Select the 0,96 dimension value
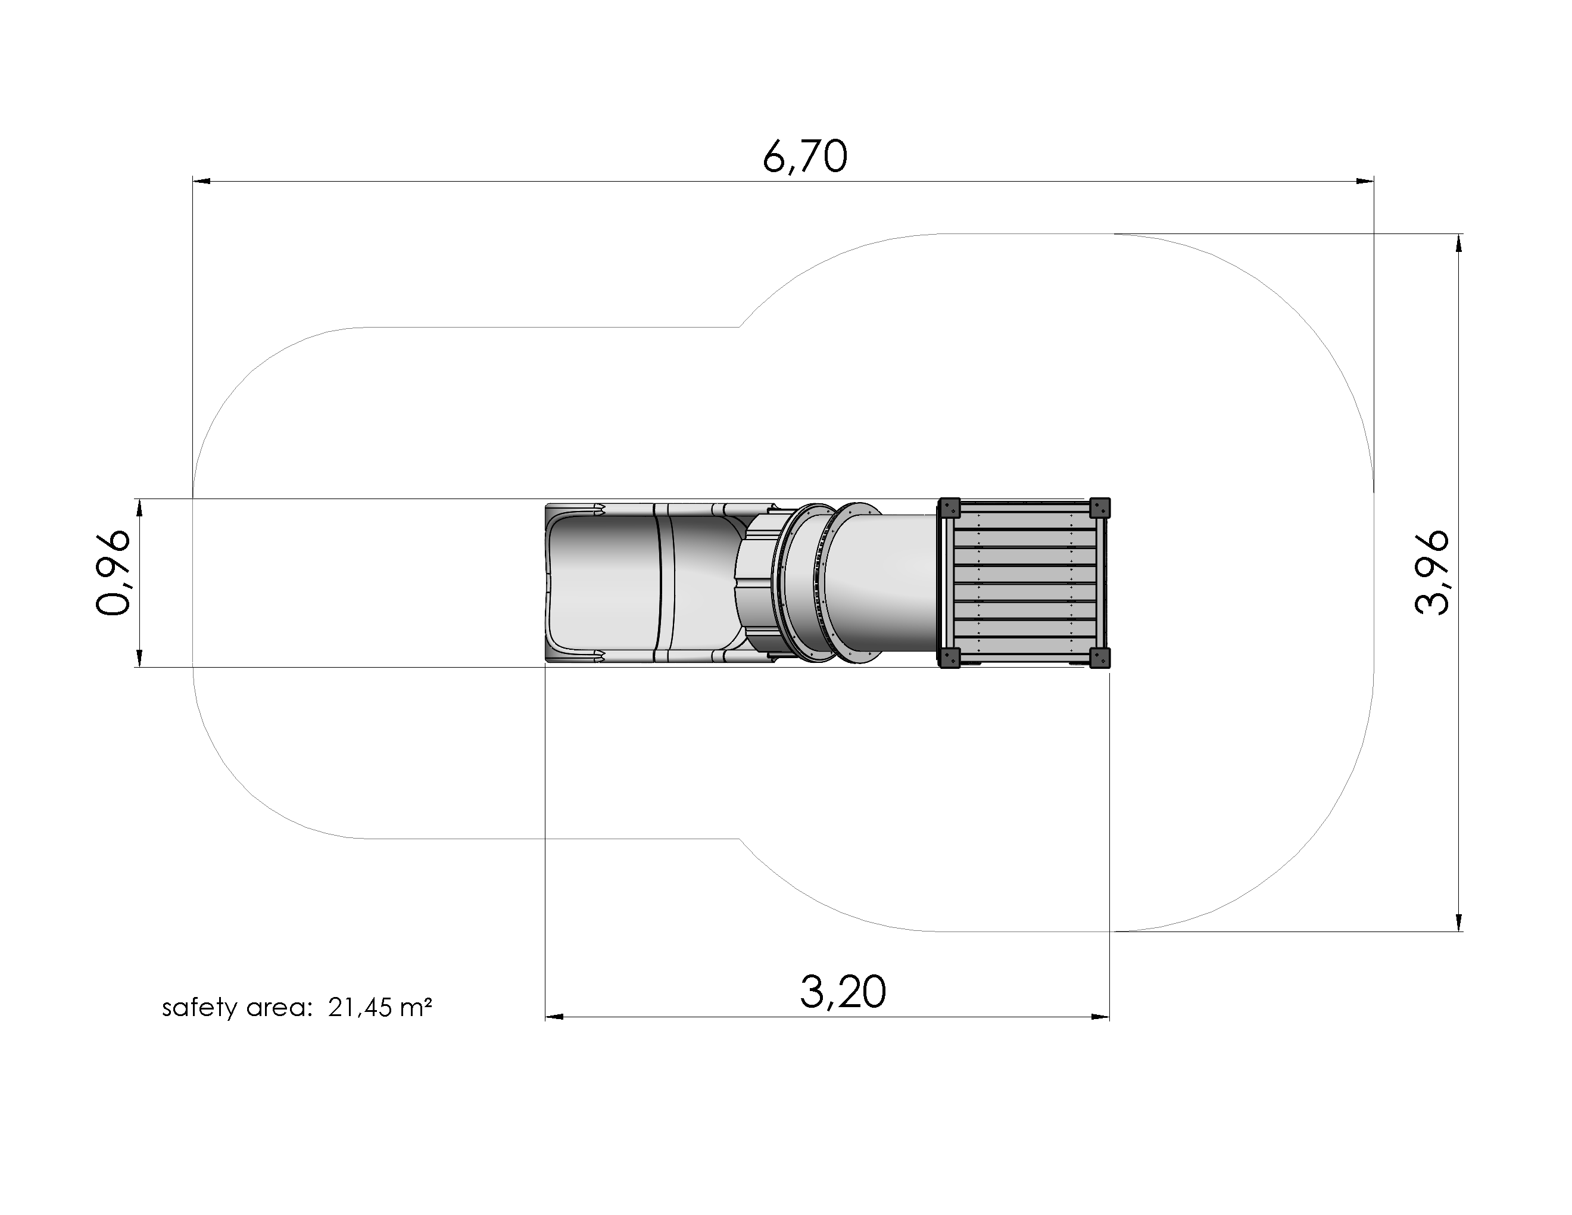click(x=114, y=573)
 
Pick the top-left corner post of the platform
click(x=949, y=508)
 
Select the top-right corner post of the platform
click(x=1099, y=508)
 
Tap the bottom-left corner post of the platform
click(x=949, y=658)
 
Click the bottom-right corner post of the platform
click(x=1099, y=658)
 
